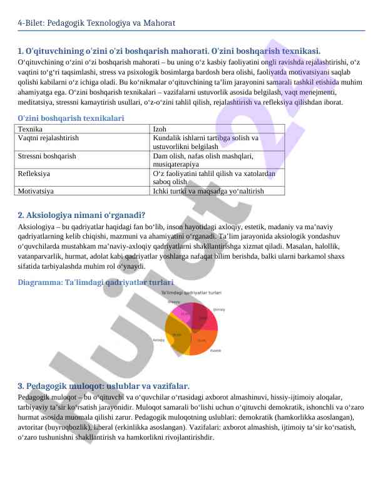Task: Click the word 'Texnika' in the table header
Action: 29,128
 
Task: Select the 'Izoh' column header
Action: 160,128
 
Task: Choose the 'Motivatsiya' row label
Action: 36,190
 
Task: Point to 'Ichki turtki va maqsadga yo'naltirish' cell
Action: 208,190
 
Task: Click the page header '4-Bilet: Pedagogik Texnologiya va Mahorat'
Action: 96,23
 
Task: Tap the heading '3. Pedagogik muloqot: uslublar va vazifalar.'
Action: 103,386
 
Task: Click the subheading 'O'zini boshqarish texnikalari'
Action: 71,118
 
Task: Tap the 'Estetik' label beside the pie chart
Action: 215,351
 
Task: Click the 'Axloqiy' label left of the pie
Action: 159,340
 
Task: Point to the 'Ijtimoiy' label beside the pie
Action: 219,309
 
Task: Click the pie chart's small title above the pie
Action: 191,292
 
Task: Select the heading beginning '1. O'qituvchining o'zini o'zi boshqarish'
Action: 169,51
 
